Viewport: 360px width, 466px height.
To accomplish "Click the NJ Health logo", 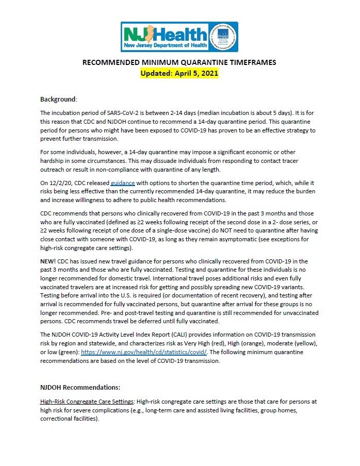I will tap(165, 37).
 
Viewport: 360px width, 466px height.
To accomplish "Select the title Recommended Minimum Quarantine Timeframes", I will tap(179, 63).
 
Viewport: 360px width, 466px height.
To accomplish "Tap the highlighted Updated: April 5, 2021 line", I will tap(179, 73).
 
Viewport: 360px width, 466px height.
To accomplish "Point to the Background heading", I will tap(58, 98).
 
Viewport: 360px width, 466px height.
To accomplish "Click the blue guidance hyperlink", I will tap(122, 182).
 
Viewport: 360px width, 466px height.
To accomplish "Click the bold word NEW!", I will tap(48, 262).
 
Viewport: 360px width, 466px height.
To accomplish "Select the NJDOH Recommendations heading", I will tap(80, 387).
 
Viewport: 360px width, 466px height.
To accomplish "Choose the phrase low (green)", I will tap(60, 352).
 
